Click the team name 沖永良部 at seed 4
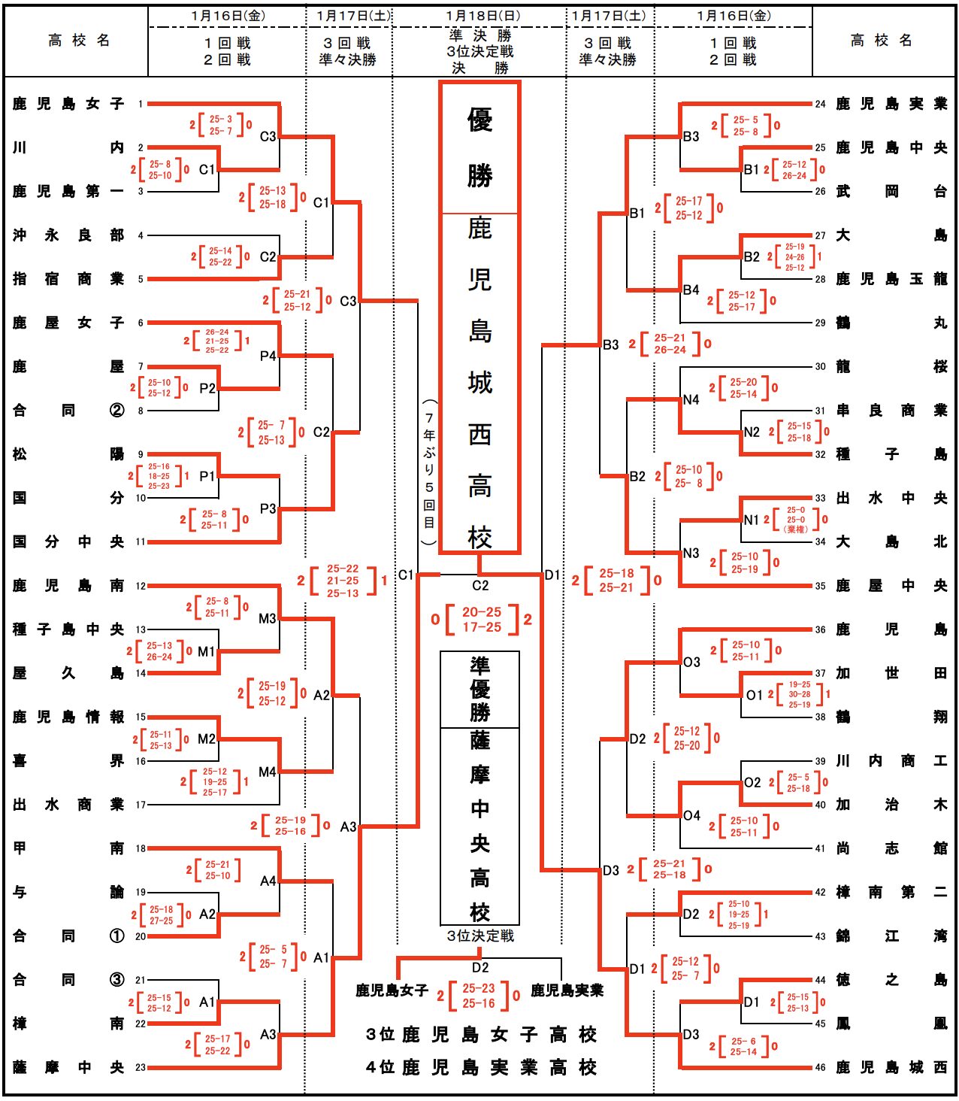click(68, 235)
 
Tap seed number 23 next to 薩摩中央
click(141, 1067)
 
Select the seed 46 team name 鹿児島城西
click(891, 1067)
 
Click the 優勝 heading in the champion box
click(479, 147)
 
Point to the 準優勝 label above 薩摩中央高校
click(479, 689)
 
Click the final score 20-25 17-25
click(482, 620)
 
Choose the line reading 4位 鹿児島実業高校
click(481, 1067)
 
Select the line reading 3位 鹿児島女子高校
click(481, 1035)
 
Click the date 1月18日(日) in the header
click(482, 16)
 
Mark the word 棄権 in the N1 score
click(796, 529)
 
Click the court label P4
click(268, 356)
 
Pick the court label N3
click(691, 554)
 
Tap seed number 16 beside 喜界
click(141, 761)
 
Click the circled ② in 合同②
click(116, 411)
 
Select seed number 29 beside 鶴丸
click(820, 323)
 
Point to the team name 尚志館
click(891, 848)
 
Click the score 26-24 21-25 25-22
click(216, 341)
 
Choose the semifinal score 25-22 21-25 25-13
click(343, 581)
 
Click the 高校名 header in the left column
click(78, 41)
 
